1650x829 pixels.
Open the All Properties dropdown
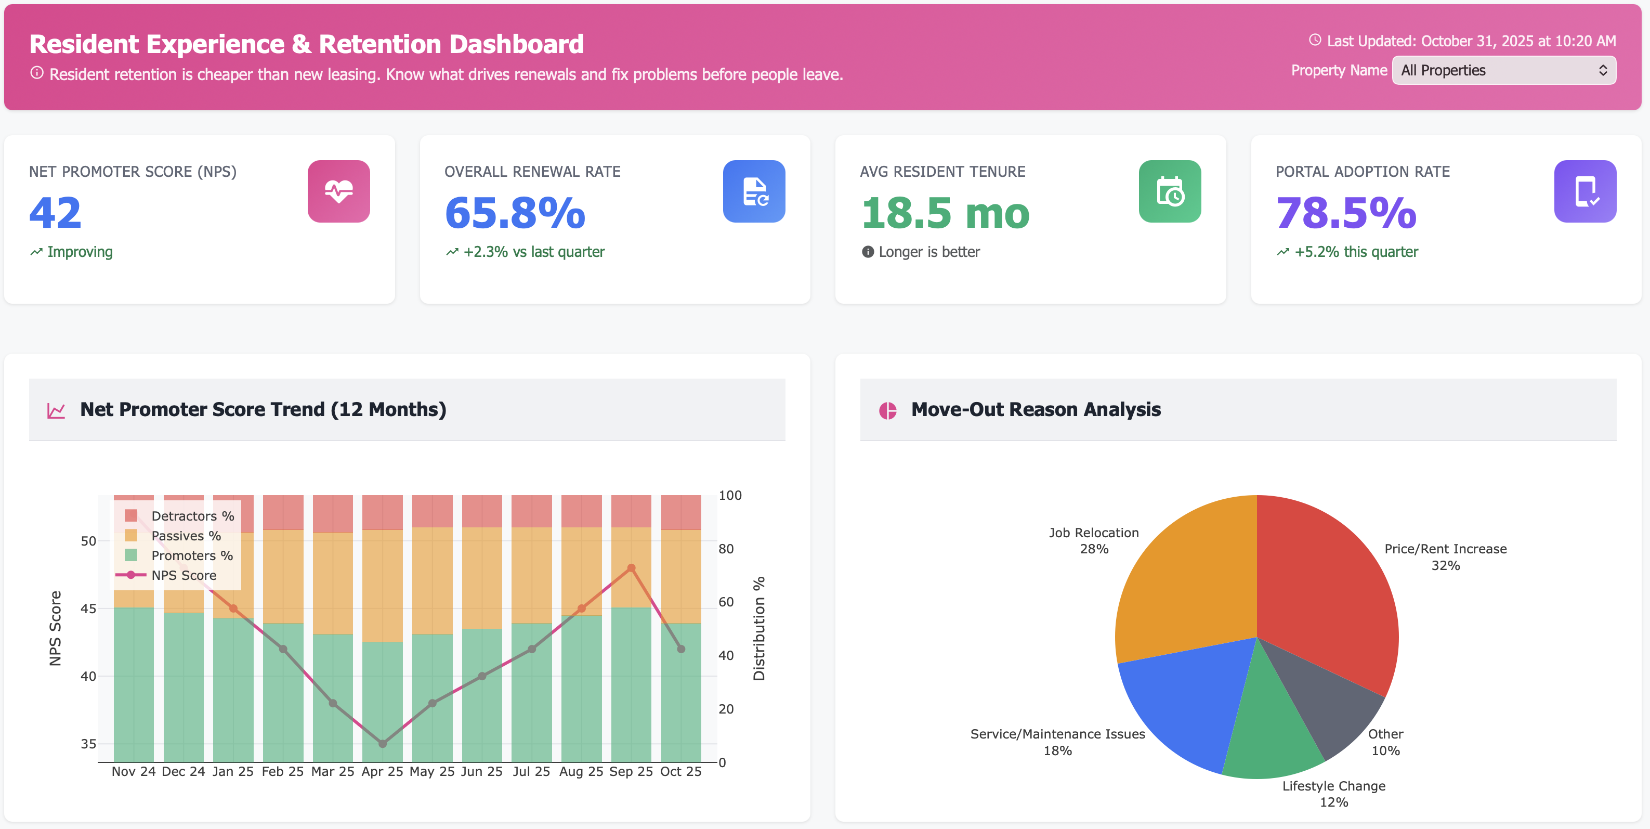[1503, 71]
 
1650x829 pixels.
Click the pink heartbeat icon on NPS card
[338, 191]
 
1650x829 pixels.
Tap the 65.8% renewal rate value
[514, 213]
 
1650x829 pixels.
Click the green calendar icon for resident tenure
[1169, 191]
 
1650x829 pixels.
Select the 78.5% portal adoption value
[1345, 213]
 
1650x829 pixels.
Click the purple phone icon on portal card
[1584, 191]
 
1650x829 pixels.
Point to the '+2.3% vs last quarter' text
[533, 252]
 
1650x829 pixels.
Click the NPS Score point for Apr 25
[383, 744]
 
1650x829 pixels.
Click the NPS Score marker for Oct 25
[681, 649]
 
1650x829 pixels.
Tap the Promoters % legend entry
[191, 555]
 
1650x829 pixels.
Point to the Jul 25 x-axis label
[531, 771]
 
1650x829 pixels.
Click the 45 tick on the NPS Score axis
[88, 608]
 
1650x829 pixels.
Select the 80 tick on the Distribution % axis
[726, 549]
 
